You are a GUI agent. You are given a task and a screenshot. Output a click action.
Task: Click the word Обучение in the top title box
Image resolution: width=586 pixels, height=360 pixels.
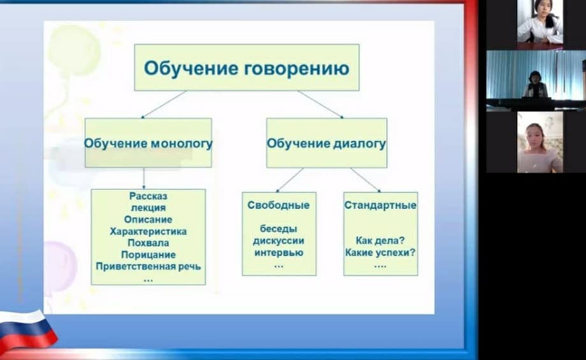click(191, 68)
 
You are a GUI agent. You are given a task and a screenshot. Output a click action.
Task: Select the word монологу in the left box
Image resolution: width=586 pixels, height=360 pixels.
click(182, 143)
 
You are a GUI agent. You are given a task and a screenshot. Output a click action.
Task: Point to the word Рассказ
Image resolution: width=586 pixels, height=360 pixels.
click(148, 196)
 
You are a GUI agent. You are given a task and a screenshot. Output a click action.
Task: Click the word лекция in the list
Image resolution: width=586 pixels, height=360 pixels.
click(148, 208)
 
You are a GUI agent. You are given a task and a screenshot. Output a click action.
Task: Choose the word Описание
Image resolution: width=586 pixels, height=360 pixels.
click(148, 219)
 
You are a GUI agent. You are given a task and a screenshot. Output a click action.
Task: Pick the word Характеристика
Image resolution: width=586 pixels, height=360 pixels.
click(148, 231)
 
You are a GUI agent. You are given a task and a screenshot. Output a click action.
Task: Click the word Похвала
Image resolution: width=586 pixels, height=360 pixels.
click(148, 243)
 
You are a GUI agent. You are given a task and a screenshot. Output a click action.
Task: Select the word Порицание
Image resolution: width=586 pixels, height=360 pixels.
click(148, 255)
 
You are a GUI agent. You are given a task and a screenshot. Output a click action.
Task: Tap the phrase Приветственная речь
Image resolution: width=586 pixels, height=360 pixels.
click(148, 266)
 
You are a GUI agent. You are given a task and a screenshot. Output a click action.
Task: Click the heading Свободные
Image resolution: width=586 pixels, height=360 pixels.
click(278, 205)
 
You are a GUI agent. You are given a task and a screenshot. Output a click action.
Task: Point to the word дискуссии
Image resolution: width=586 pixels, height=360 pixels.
click(278, 241)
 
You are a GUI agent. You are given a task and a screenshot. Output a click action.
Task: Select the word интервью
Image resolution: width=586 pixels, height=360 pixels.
click(278, 253)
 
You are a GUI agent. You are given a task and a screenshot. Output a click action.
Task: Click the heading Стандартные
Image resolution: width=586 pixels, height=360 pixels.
click(380, 205)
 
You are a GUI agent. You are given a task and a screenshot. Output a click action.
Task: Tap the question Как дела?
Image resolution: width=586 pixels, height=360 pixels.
click(380, 240)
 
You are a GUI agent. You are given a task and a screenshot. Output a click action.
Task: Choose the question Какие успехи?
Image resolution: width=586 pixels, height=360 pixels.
click(380, 253)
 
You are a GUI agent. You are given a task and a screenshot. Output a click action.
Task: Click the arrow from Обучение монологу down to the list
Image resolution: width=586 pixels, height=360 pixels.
click(144, 178)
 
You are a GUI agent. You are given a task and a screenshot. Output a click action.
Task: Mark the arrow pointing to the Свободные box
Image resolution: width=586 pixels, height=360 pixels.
click(290, 180)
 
